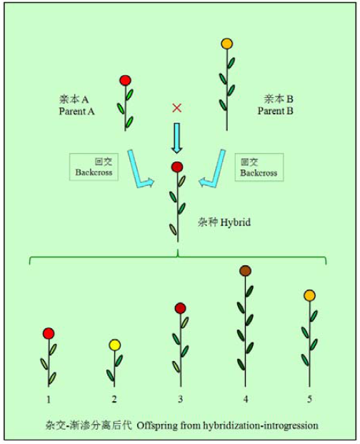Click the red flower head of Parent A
coord(125,80)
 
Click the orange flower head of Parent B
coord(227,44)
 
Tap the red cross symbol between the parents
coord(176,107)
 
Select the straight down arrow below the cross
coord(177,138)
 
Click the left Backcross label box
coord(94,167)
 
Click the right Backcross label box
coord(259,167)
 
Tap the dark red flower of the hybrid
coord(177,167)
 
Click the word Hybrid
coord(236,222)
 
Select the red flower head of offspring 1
coord(49,333)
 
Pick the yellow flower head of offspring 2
coord(115,345)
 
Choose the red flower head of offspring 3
coord(181,308)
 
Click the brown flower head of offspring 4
coord(245,271)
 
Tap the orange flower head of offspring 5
coord(310,295)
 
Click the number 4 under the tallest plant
coord(246,399)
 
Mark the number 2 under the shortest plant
coord(114,399)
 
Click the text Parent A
coord(76,112)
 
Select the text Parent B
coord(275,111)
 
